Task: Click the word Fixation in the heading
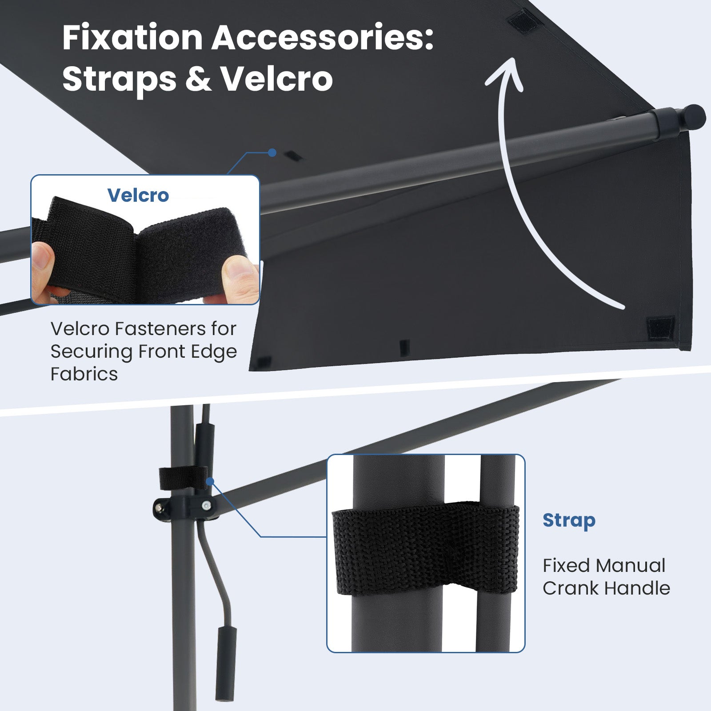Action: click(x=132, y=38)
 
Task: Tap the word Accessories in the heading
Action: click(x=322, y=38)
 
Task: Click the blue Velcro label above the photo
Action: click(x=138, y=195)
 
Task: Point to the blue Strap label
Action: click(x=569, y=521)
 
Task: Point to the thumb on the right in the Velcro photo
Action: click(x=240, y=280)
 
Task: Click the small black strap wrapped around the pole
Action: click(x=184, y=478)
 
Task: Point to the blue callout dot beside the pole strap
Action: click(x=210, y=481)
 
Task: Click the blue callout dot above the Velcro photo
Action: click(x=272, y=153)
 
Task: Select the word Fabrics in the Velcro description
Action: click(x=84, y=374)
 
